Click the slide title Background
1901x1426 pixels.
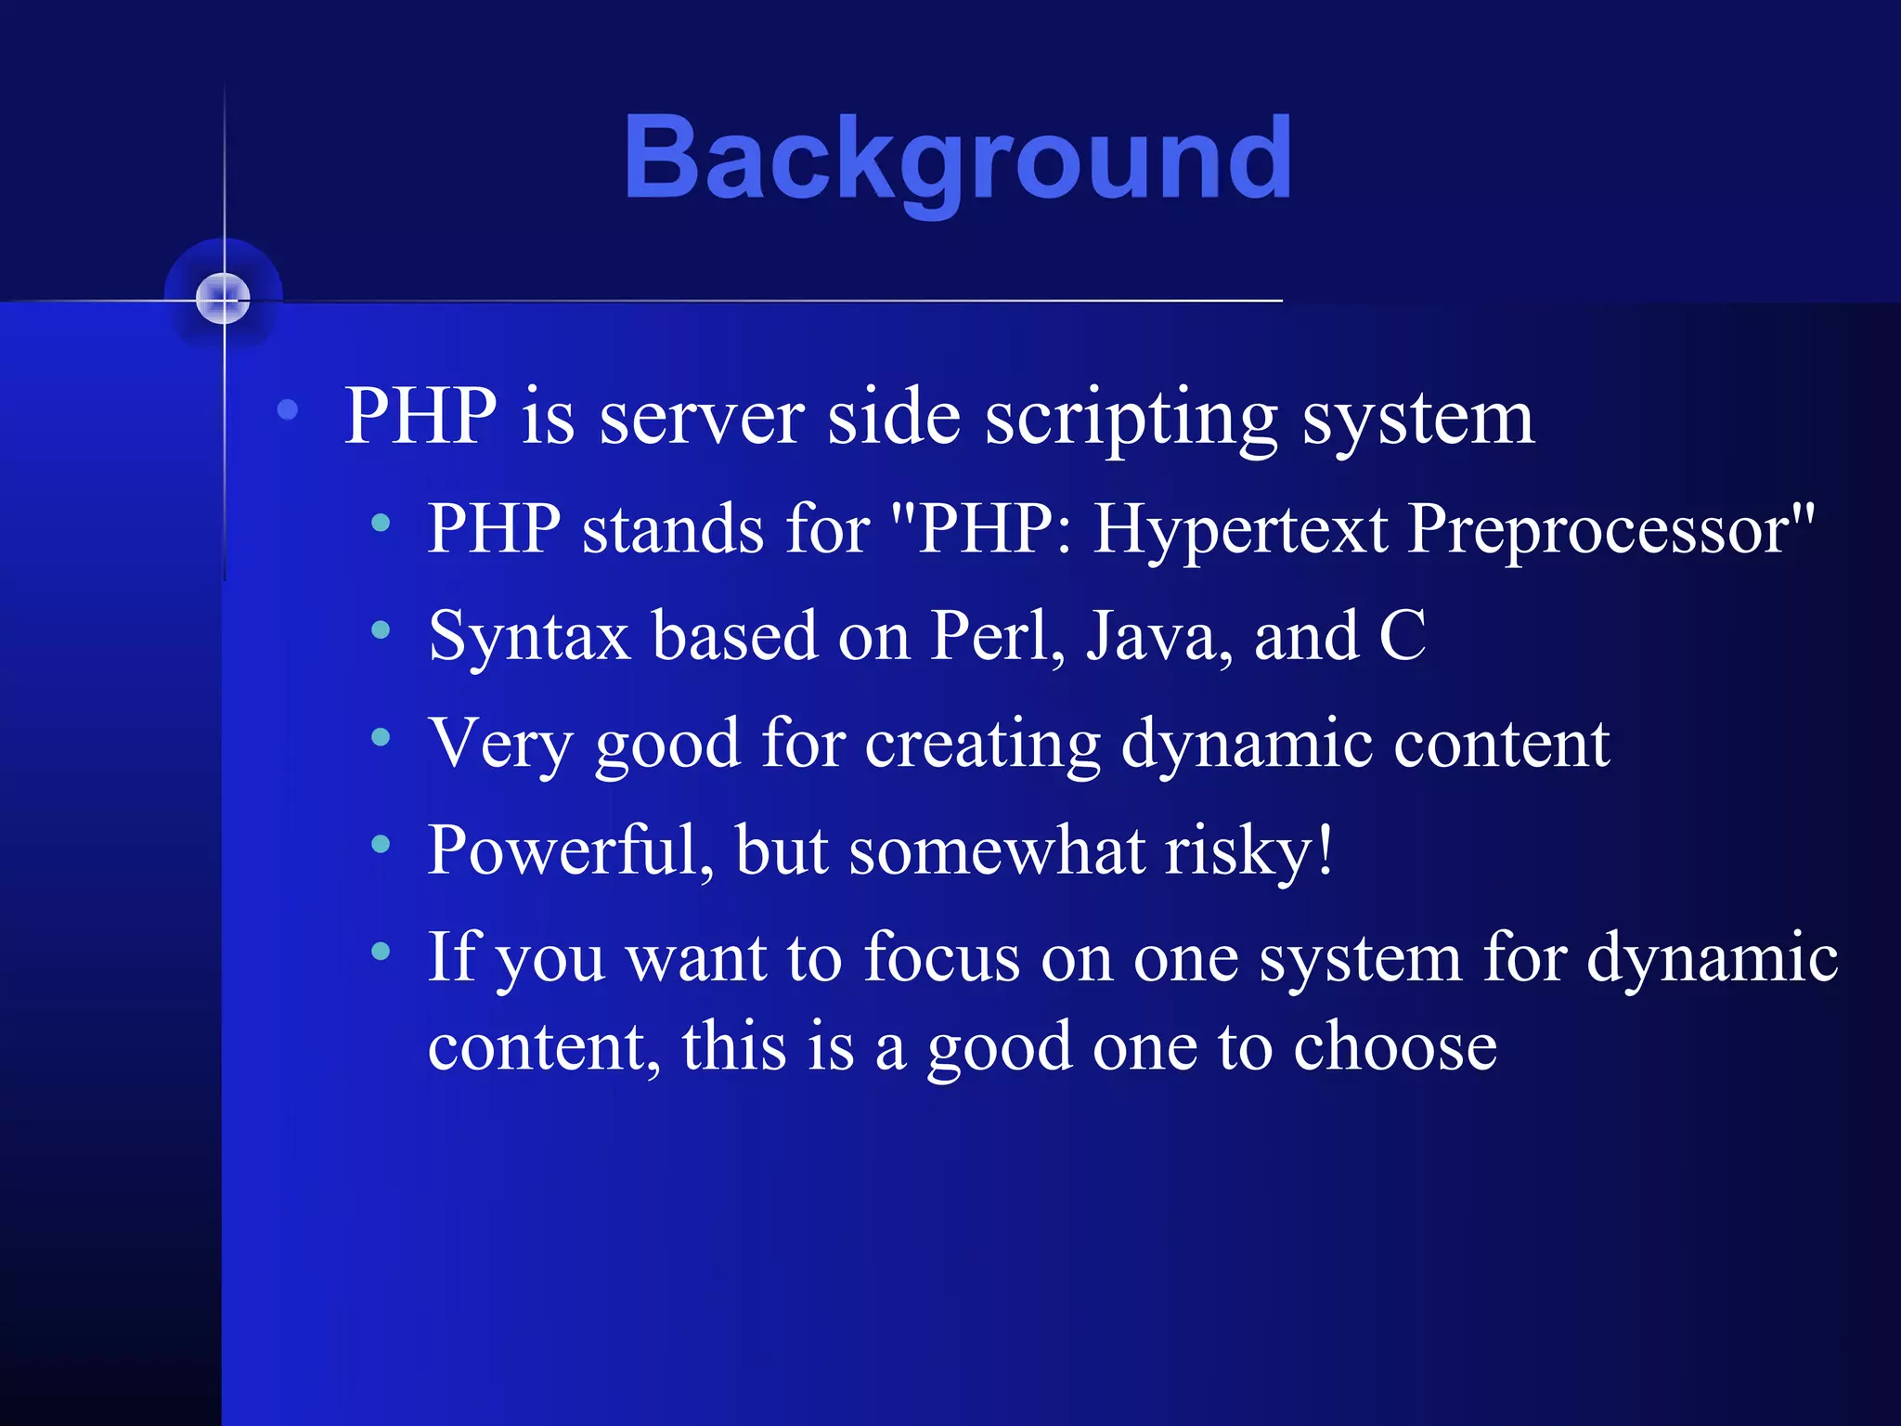[x=957, y=158]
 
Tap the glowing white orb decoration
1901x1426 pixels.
[x=224, y=299]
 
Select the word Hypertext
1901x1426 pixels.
[x=1240, y=529]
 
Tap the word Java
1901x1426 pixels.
[x=1159, y=637]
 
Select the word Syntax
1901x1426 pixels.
[x=529, y=637]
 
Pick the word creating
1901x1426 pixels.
[x=983, y=745]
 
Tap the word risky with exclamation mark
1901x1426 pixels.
[x=1249, y=850]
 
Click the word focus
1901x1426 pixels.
[x=941, y=958]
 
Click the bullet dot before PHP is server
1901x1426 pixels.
[x=288, y=409]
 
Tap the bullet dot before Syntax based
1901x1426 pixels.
[x=381, y=630]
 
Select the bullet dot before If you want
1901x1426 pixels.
[x=381, y=951]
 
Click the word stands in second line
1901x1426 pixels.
[x=673, y=529]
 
